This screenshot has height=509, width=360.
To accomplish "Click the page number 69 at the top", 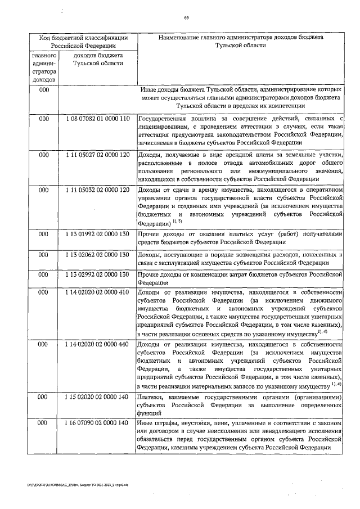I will click(x=186, y=17).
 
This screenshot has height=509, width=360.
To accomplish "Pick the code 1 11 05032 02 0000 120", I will click(x=97, y=190).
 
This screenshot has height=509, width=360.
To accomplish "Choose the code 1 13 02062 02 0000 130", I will click(x=97, y=255).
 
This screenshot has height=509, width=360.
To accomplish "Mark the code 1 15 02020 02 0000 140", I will click(x=97, y=397).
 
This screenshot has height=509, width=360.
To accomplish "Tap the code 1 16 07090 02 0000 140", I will click(x=97, y=422).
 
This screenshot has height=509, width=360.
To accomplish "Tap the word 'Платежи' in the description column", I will click(x=151, y=397).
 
